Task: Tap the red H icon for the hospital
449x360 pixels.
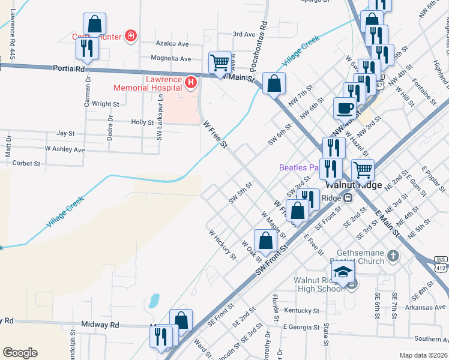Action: [191, 81]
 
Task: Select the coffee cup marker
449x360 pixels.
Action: [345, 109]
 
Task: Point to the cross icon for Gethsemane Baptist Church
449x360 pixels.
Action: [393, 257]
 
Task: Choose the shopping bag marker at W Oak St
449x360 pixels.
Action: [265, 241]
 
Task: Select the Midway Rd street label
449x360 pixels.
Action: [101, 325]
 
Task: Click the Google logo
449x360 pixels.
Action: [20, 353]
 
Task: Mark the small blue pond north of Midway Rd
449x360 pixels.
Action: [154, 299]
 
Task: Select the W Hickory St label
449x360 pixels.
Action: [222, 245]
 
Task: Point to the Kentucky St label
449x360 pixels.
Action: [301, 311]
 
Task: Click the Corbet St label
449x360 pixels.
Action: [26, 163]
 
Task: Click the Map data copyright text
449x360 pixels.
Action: [423, 355]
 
